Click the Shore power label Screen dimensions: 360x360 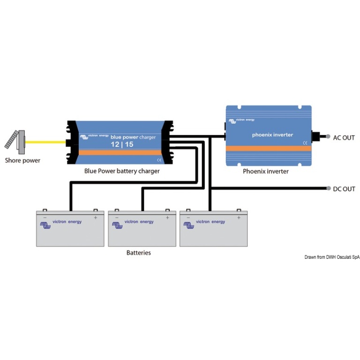(x=22, y=160)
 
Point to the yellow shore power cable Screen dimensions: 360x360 (x=45, y=141)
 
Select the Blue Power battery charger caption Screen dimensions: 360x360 (x=122, y=171)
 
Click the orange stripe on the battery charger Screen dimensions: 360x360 (x=120, y=153)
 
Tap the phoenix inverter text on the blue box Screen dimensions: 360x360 (x=272, y=135)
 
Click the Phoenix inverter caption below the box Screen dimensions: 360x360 (x=266, y=171)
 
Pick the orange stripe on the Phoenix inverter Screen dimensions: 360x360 (x=268, y=148)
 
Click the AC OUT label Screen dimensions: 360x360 (x=344, y=138)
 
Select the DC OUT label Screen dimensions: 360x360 (x=344, y=189)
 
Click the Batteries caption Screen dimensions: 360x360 (x=139, y=253)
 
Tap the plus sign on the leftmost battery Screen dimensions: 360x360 (x=96, y=217)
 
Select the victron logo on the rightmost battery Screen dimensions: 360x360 (x=189, y=225)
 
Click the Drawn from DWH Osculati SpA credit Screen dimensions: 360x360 (x=332, y=257)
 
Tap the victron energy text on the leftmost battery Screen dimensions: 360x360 (x=67, y=222)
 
